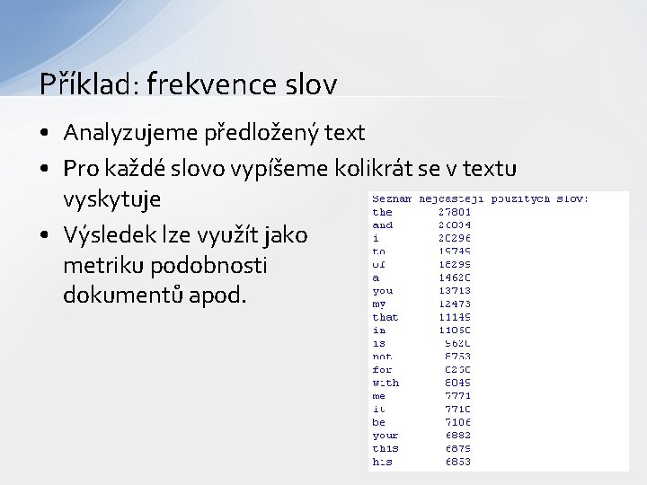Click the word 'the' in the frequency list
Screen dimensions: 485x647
[382, 212]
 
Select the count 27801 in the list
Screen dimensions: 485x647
[455, 212]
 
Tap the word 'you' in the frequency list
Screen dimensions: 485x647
[382, 291]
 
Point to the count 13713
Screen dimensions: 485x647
[455, 291]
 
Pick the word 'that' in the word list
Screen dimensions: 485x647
[386, 317]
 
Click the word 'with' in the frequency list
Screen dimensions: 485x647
[386, 383]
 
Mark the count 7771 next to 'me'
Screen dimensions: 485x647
[456, 395]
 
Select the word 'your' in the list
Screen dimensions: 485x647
[386, 435]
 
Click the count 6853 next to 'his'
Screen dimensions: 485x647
[456, 461]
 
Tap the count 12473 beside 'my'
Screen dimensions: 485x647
[455, 304]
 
